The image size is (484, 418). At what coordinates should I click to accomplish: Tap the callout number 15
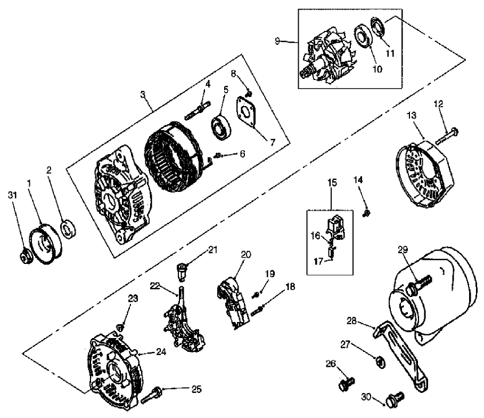(332, 183)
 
